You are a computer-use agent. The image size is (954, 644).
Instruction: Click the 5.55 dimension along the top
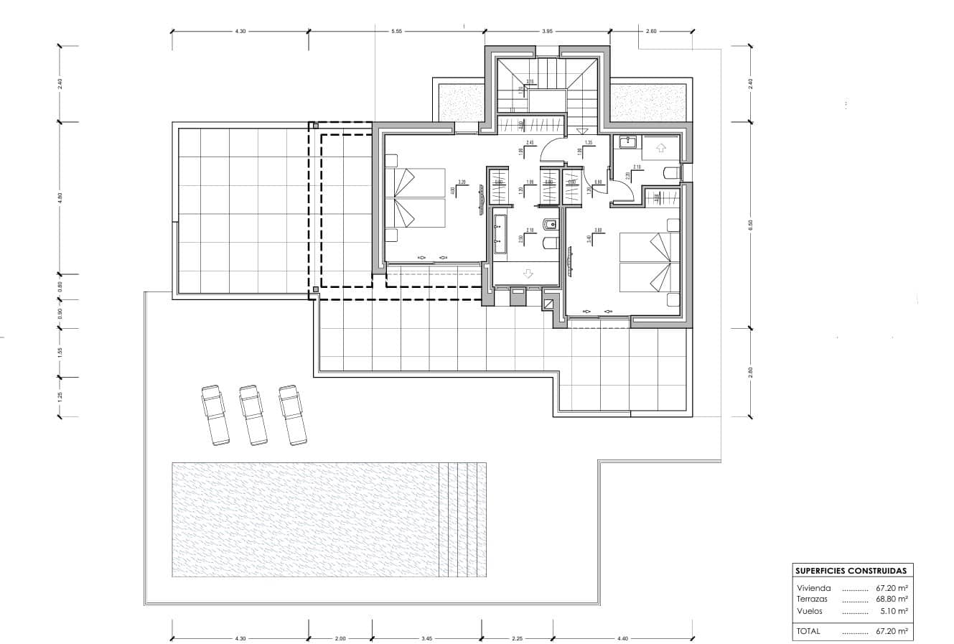pos(396,32)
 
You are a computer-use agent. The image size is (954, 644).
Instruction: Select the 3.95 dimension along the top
pos(547,32)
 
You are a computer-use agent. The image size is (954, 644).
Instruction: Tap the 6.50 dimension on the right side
pos(750,223)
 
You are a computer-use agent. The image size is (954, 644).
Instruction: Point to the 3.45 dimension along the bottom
pos(426,638)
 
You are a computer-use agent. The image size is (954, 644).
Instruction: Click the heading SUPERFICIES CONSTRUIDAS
pos(850,571)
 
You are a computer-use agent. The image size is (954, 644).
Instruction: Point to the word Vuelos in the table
pos(810,611)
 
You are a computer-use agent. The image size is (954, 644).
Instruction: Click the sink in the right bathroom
pos(627,141)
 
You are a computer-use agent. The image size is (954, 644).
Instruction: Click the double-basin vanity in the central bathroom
pos(500,235)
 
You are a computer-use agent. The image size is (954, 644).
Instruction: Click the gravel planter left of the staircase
pos(459,101)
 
